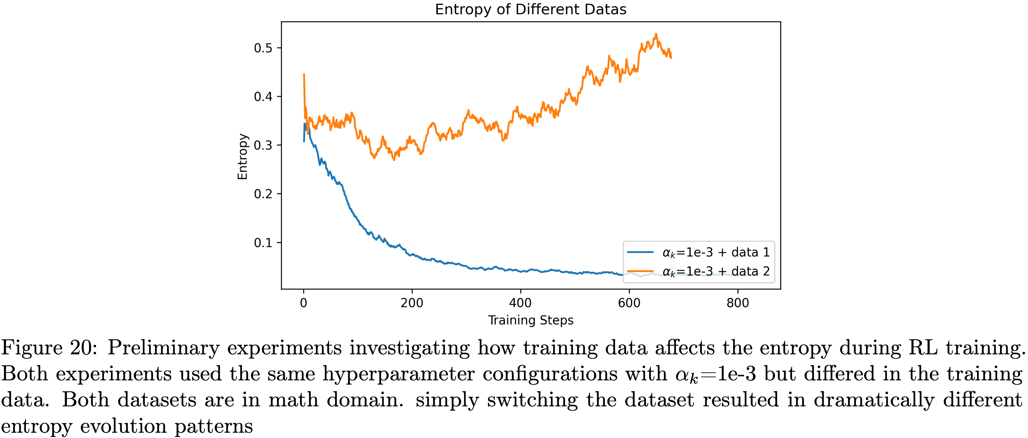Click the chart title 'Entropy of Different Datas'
tap(530, 9)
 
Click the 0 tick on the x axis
tap(304, 303)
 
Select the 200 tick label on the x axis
tap(412, 303)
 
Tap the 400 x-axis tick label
tap(520, 303)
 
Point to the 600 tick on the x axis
tap(629, 303)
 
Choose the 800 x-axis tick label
tap(737, 303)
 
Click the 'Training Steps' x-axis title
tap(530, 320)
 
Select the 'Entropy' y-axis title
tap(243, 156)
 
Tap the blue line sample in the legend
tap(640, 252)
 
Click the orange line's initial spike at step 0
tap(304, 74)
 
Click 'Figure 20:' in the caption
tap(49, 347)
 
